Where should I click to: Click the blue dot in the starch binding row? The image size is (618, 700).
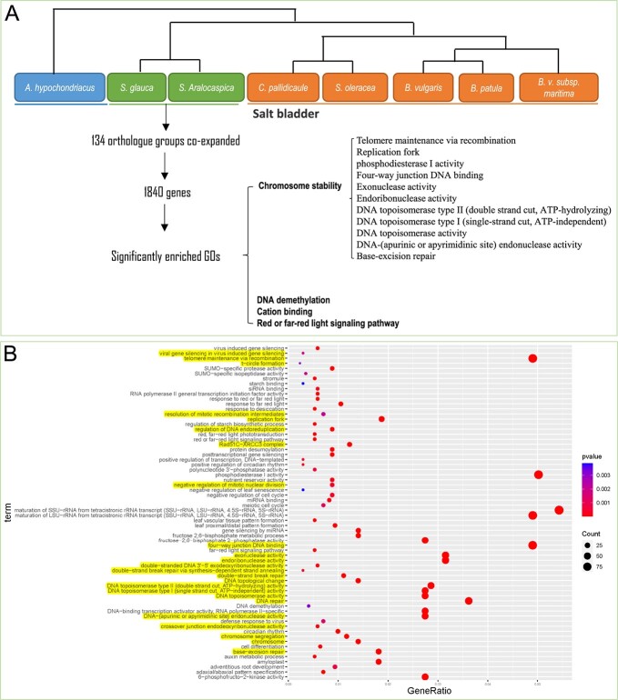[x=302, y=384]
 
